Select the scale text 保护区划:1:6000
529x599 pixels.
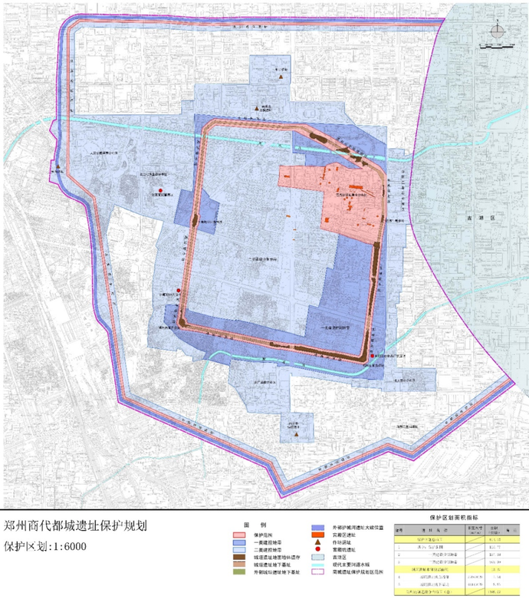tap(45, 547)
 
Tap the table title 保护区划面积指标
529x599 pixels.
tap(459, 519)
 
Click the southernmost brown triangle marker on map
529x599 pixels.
tap(295, 436)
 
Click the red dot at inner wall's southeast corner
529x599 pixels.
tap(372, 356)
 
